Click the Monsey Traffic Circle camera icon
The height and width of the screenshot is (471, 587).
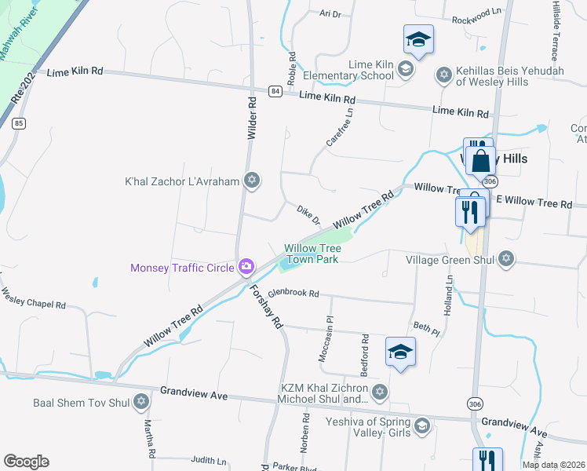click(246, 268)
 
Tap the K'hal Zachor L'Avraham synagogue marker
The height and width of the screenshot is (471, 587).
click(251, 181)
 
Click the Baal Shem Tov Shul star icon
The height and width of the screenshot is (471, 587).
click(141, 403)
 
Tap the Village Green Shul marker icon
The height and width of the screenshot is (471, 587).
click(506, 259)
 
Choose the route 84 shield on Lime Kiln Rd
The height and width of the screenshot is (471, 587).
click(275, 91)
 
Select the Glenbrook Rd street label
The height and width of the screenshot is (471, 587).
click(293, 293)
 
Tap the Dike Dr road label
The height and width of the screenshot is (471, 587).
click(308, 215)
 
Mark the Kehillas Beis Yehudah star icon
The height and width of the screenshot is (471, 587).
click(443, 75)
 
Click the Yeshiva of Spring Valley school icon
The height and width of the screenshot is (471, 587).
click(421, 425)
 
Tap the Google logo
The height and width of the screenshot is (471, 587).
click(26, 462)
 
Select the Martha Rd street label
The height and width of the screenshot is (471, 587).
click(149, 439)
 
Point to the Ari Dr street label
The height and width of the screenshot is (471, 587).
click(330, 13)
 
